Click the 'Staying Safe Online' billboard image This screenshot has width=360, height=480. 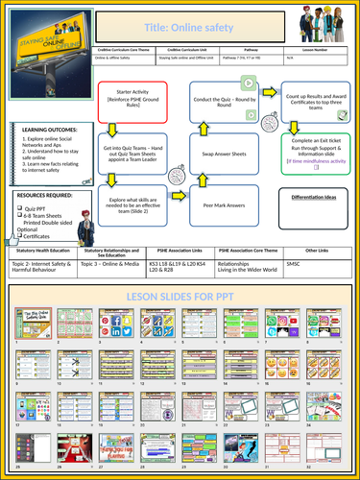54,53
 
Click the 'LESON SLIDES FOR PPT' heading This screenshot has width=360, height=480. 180,297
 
